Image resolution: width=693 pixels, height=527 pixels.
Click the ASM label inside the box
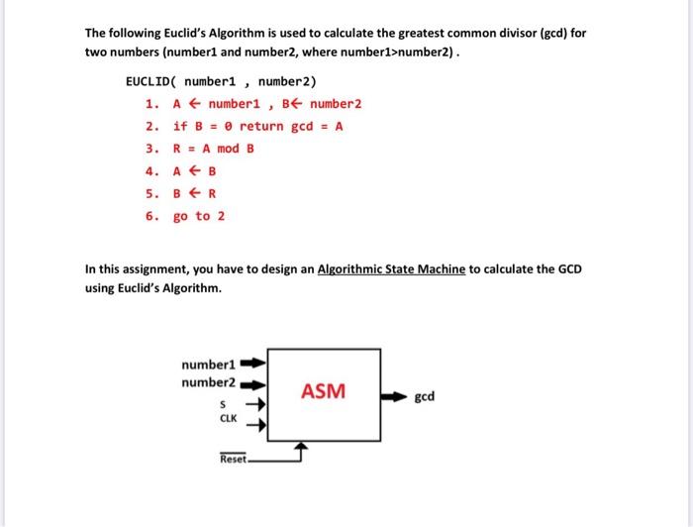[324, 391]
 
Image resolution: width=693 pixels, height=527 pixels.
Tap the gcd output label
[425, 397]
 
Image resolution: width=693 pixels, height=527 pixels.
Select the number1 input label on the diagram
[207, 364]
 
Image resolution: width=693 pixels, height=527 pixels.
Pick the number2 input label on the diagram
[208, 382]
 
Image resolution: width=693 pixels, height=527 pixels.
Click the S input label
[224, 404]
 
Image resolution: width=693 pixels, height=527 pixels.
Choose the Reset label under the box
[234, 460]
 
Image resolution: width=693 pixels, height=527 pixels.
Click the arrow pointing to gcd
[393, 397]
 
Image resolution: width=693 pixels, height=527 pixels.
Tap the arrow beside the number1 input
[253, 363]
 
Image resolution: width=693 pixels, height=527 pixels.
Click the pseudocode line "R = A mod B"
[214, 148]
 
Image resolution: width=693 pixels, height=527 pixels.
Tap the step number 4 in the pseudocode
[149, 170]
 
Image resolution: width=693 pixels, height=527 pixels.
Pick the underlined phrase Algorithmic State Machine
[390, 269]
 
